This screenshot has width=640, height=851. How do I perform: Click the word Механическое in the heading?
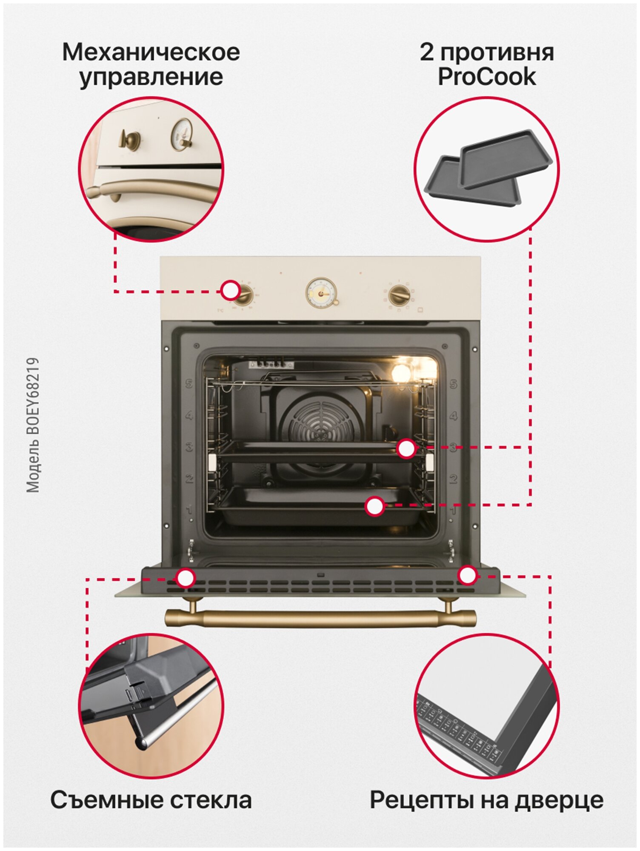pyautogui.click(x=151, y=52)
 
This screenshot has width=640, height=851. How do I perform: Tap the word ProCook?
pyautogui.click(x=487, y=77)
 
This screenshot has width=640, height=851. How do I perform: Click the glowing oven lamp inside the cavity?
pyautogui.click(x=402, y=373)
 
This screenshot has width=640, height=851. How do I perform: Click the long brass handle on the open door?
pyautogui.click(x=320, y=618)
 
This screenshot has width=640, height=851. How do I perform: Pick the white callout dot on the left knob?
pyautogui.click(x=231, y=291)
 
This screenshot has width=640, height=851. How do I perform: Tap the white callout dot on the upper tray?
pyautogui.click(x=406, y=448)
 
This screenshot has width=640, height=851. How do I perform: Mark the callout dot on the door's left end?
pyautogui.click(x=186, y=578)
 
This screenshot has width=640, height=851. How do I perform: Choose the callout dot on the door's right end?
pyautogui.click(x=467, y=575)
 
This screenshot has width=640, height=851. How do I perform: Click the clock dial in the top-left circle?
pyautogui.click(x=181, y=134)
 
